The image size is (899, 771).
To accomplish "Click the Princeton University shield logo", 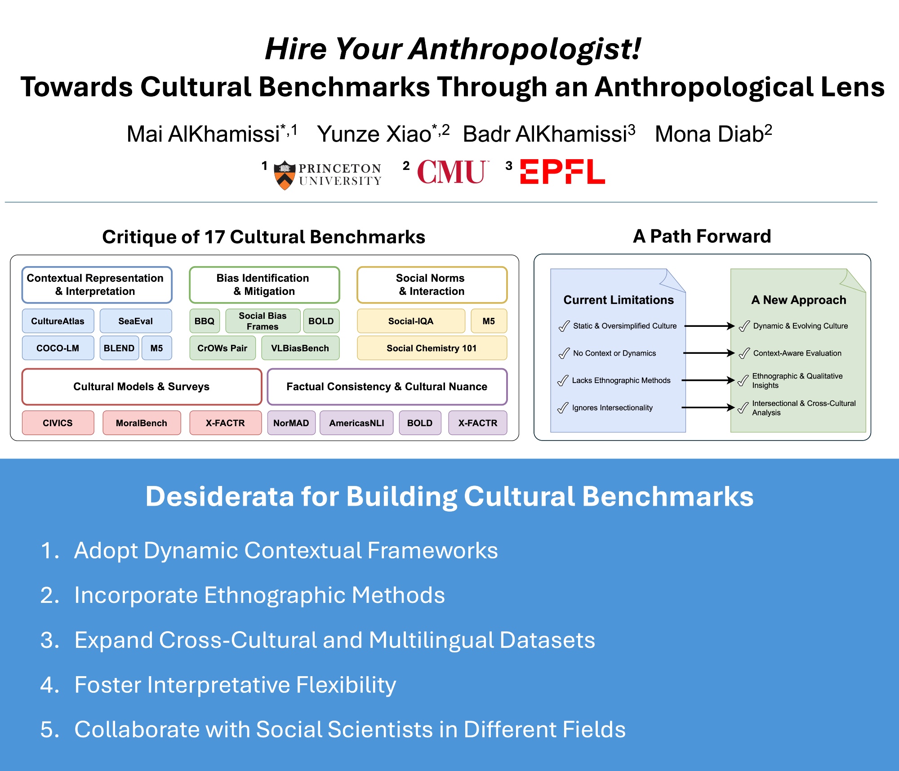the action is [x=285, y=175].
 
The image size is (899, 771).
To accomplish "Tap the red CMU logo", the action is [x=452, y=172].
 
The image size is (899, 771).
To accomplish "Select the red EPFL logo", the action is [x=562, y=172].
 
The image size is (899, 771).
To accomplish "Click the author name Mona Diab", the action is [x=713, y=134].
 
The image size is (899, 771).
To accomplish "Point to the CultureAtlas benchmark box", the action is [x=58, y=321].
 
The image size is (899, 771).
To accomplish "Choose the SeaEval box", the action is [x=135, y=321].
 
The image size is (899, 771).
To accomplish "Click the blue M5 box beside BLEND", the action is [x=156, y=348].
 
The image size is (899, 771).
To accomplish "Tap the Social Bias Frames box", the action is [x=263, y=321].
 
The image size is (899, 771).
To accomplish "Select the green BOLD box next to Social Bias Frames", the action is [x=321, y=321].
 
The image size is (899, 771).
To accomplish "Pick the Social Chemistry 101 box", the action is [x=432, y=348].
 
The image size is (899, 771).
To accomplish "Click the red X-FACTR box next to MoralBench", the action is [x=225, y=423].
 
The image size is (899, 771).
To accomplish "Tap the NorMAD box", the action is [x=291, y=423].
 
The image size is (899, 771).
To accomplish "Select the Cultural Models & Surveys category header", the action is [x=142, y=387].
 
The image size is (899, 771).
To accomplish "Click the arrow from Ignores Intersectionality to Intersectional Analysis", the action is [x=708, y=408].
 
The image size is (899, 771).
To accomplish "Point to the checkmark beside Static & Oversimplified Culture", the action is [x=564, y=326].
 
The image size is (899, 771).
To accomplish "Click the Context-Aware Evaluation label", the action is [x=797, y=353].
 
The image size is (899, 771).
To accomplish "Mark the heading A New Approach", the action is [x=799, y=300].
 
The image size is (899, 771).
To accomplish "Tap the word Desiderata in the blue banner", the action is [x=219, y=496].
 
